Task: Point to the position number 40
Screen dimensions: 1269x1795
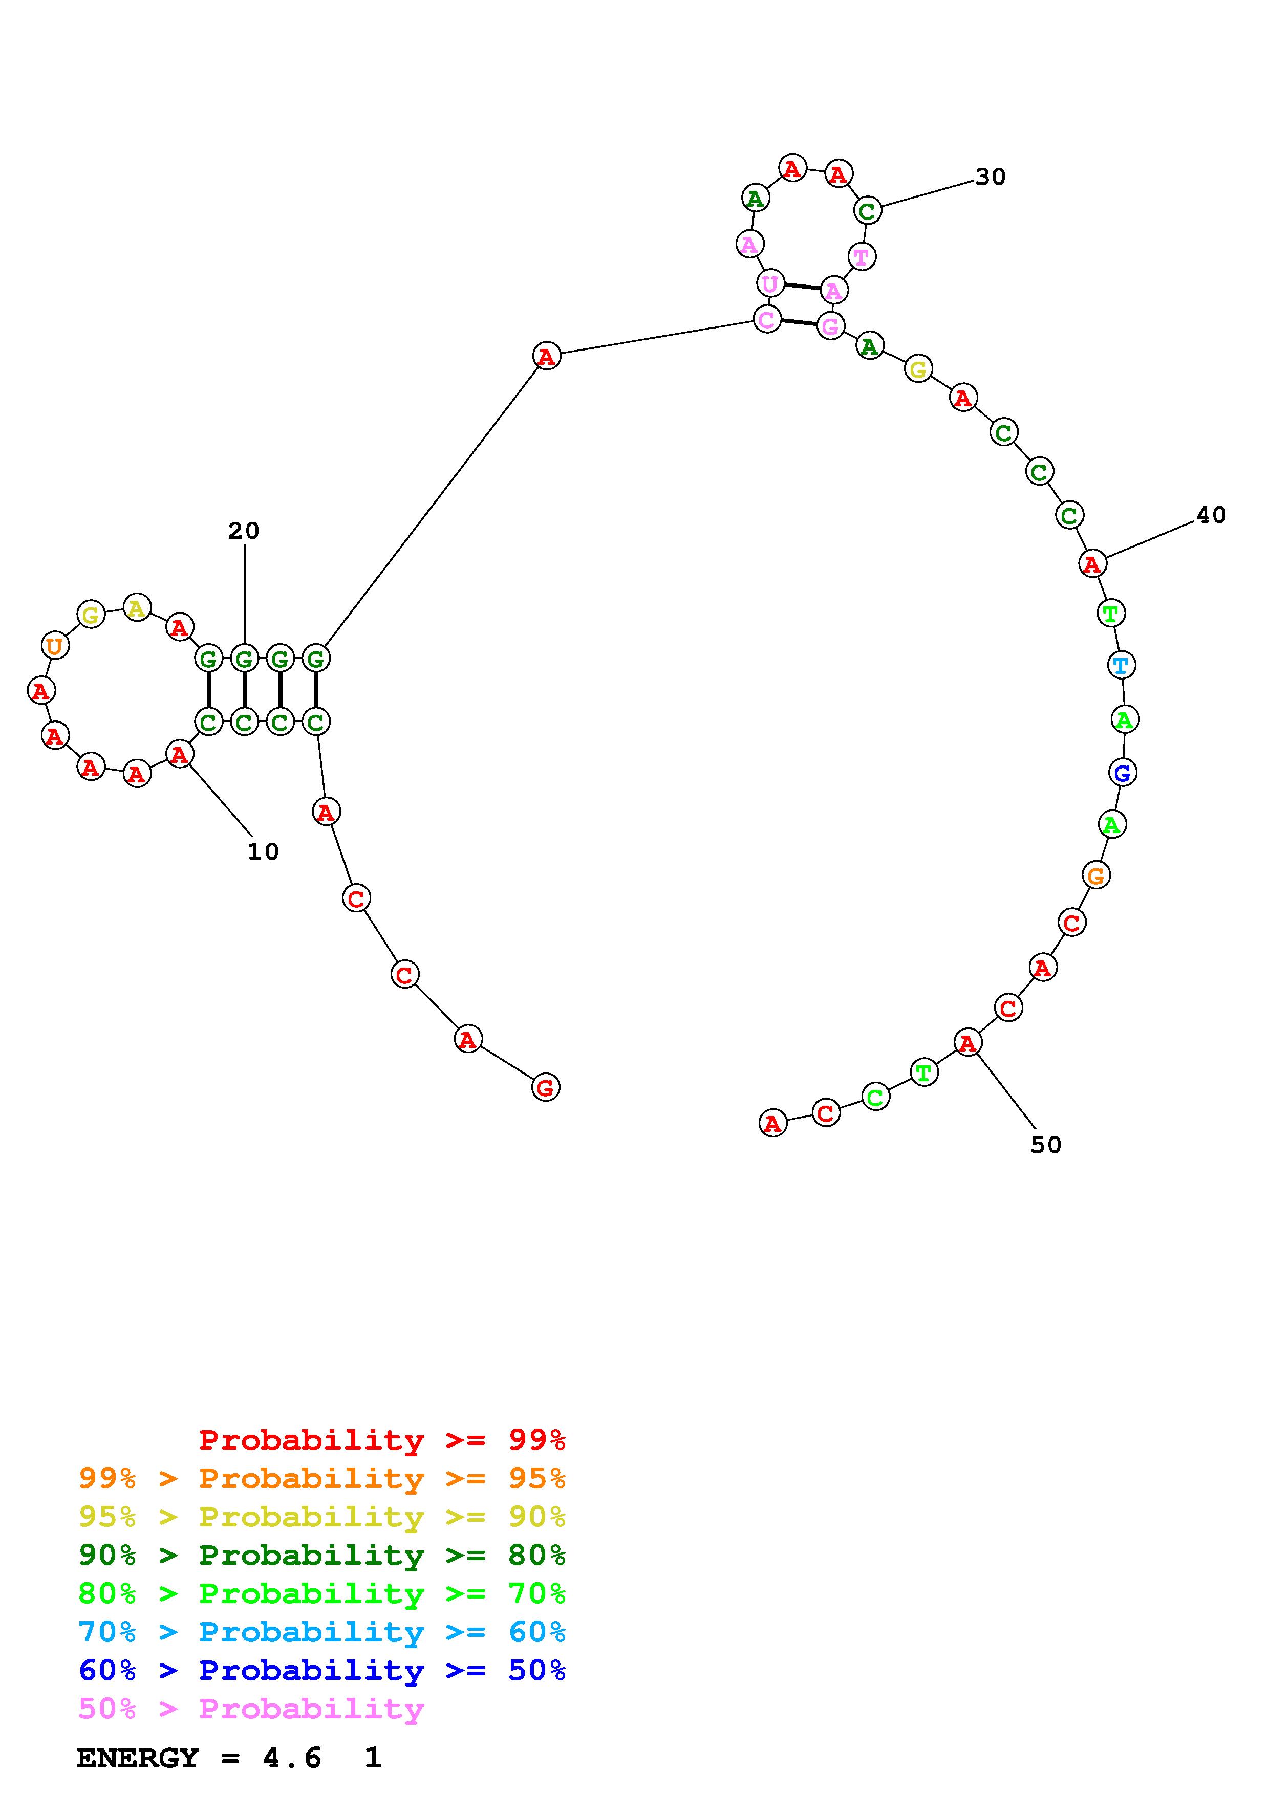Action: tap(1210, 515)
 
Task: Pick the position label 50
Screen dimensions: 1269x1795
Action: tap(1045, 1145)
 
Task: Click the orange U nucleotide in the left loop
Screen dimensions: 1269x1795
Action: tap(54, 646)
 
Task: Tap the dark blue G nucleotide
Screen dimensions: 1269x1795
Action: tap(1122, 773)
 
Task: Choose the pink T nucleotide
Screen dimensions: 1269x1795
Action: tap(861, 256)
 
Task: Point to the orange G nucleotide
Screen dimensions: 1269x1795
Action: tap(1096, 875)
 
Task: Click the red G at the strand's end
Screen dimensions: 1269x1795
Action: tap(545, 1087)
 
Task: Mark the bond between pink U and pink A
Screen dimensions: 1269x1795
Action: tap(802, 287)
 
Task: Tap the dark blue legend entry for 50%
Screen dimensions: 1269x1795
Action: tap(321, 1670)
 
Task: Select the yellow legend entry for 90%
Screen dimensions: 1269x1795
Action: tap(321, 1517)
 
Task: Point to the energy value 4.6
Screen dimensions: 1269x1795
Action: tap(292, 1758)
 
